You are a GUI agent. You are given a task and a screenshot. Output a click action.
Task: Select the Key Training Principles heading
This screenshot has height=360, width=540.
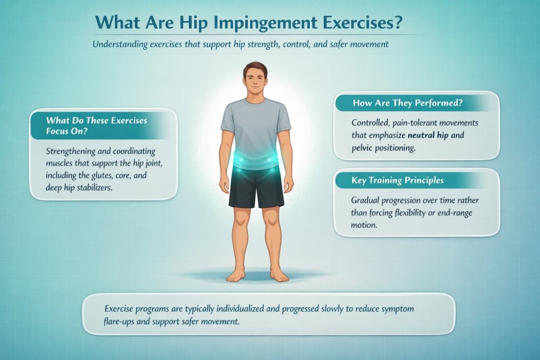[398, 180]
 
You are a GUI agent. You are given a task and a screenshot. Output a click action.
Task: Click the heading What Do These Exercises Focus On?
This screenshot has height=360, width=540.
[96, 125]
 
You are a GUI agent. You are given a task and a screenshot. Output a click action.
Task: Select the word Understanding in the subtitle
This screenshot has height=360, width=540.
[119, 44]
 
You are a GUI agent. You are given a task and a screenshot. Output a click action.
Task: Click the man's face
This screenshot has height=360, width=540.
[256, 82]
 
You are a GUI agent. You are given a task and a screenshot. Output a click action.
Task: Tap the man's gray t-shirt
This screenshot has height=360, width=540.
[256, 124]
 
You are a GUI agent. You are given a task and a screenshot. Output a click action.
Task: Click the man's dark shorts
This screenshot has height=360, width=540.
[256, 187]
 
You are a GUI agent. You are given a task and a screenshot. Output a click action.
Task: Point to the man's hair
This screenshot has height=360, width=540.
[256, 67]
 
